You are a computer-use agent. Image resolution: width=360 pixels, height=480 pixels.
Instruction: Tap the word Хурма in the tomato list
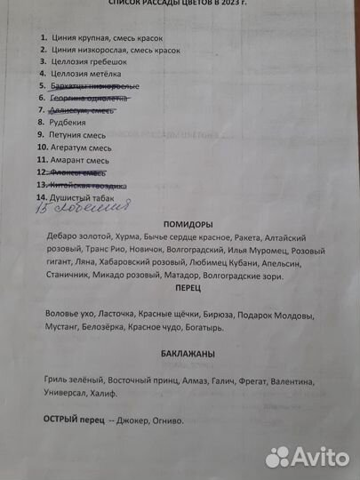tap(130, 239)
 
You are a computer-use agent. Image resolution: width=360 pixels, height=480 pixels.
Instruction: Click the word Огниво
tap(165, 420)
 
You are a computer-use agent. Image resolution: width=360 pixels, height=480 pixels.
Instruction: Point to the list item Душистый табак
tap(83, 196)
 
